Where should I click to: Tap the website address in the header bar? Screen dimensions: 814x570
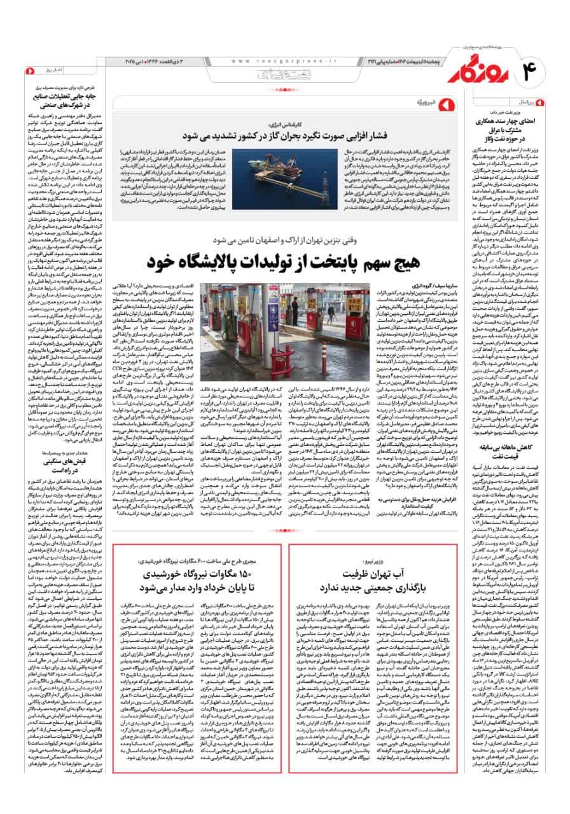280,62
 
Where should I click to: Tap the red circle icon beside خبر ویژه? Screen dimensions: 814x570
447,102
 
